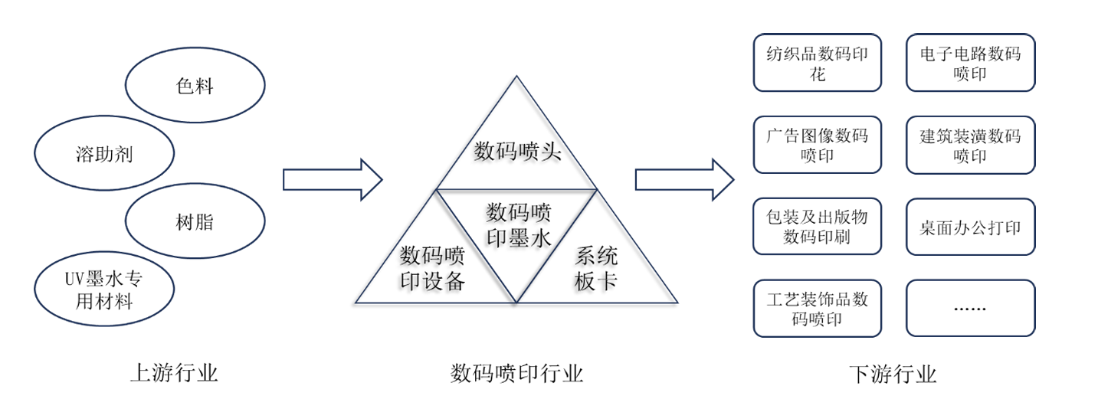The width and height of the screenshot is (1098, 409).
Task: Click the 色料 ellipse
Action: coord(195,86)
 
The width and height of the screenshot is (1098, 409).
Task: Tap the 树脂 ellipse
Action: coord(195,222)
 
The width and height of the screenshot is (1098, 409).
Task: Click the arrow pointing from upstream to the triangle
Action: coord(332,180)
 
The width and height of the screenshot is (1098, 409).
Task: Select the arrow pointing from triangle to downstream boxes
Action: coord(684,180)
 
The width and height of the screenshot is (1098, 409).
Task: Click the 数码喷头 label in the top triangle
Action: coord(517,151)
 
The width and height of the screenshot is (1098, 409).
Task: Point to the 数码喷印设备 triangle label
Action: coord(433,268)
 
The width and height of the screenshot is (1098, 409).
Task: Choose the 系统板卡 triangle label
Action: coord(596,268)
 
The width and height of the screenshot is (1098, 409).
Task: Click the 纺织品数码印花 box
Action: coord(817,63)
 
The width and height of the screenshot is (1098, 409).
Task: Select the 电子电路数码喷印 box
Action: coord(970,63)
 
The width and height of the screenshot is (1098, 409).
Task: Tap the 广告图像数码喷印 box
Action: coord(817,145)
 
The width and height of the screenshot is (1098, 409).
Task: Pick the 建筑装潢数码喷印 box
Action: coord(970,145)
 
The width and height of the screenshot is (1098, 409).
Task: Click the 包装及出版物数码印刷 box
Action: coord(817,227)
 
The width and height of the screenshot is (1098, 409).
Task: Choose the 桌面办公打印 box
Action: coord(970,227)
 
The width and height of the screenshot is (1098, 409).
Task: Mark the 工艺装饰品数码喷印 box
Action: coord(817,308)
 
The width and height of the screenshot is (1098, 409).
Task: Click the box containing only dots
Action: coord(970,308)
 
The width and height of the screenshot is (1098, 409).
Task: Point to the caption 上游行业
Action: coord(175,374)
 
